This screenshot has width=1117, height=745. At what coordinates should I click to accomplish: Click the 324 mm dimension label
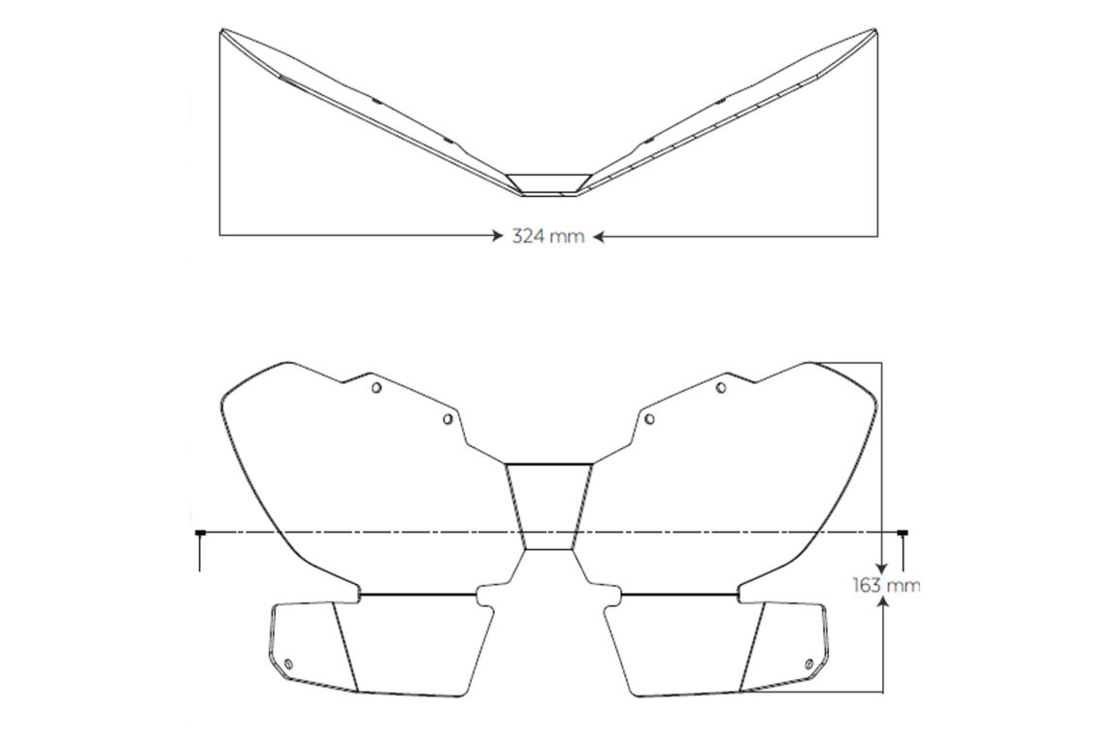[x=547, y=237]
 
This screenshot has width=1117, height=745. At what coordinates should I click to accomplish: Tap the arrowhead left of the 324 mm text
[x=498, y=236]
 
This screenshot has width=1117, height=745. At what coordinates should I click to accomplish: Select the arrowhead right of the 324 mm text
[x=599, y=236]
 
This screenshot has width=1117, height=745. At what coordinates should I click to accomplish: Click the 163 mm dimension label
[x=885, y=586]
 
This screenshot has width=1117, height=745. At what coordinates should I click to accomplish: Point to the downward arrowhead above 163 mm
[x=882, y=567]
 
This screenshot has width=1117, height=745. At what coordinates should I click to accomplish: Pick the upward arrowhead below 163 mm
[x=883, y=602]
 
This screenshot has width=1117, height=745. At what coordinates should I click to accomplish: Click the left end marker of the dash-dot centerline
[x=200, y=532]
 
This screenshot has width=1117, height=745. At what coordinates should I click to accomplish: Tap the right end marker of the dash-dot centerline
[x=903, y=532]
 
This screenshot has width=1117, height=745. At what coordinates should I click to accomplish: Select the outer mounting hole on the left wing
[x=377, y=388]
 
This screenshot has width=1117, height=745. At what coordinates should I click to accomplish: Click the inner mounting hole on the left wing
[x=447, y=419]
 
